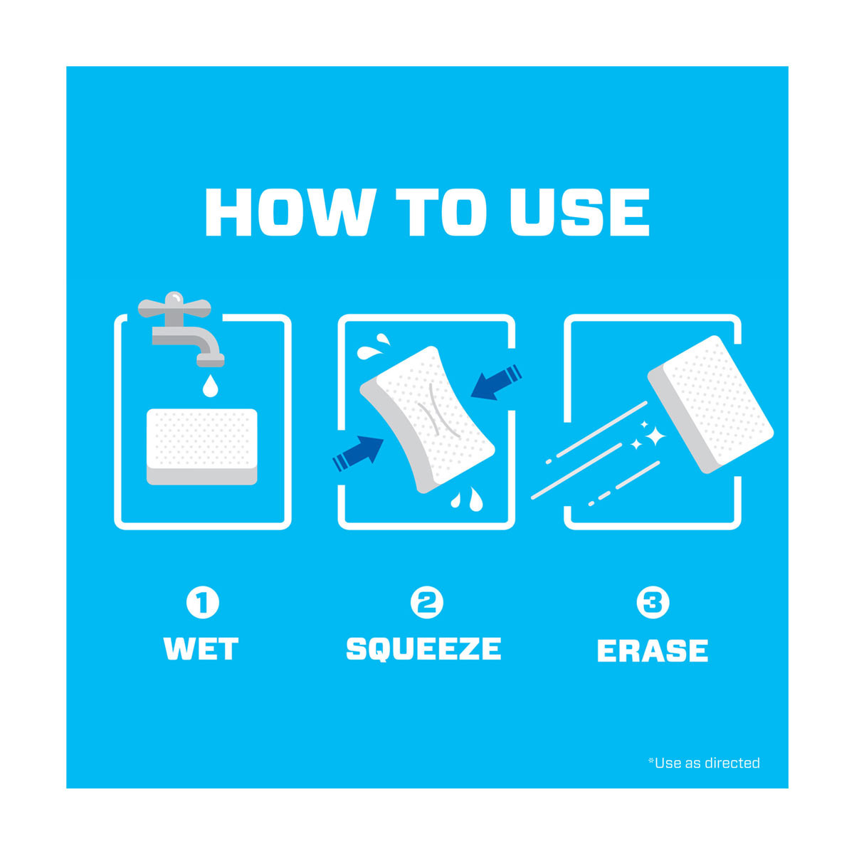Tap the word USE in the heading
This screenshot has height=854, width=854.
580,212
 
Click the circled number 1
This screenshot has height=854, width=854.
203,602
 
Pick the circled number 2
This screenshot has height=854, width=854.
427,602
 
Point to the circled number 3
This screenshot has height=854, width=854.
653,602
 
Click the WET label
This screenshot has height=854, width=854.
201,649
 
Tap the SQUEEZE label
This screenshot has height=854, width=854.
423,649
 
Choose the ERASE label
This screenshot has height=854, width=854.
653,650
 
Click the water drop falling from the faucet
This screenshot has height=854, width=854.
210,386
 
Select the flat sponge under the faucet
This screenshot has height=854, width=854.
202,447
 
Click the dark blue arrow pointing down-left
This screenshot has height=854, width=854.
496,382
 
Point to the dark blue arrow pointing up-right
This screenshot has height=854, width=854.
358,454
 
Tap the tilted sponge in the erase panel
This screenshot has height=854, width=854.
710,405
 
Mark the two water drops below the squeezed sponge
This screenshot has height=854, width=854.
467,499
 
